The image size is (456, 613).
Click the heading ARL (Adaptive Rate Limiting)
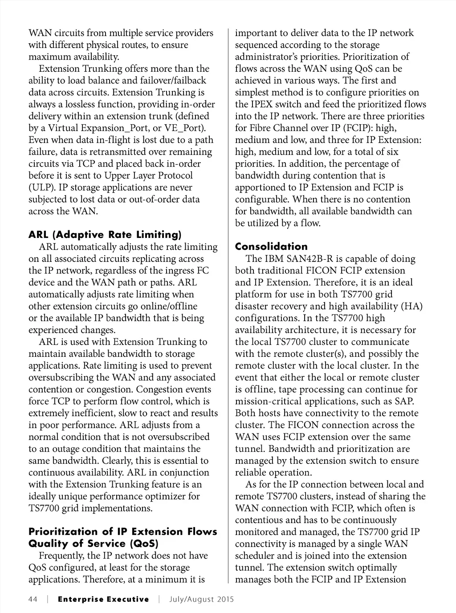[x=105, y=235]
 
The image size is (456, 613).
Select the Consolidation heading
[x=271, y=246]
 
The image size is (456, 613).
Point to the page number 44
[x=33, y=599]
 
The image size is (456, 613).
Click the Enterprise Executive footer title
[x=103, y=599]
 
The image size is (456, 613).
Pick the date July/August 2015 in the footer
[x=201, y=599]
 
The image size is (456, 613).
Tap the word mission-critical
[x=271, y=401]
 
